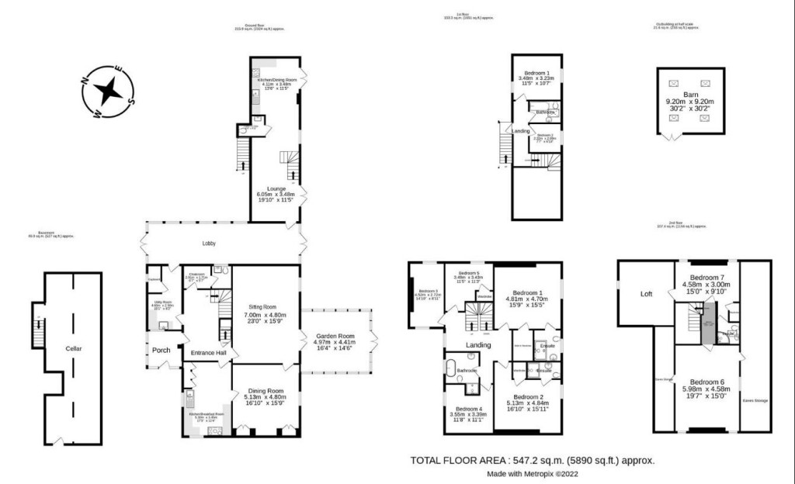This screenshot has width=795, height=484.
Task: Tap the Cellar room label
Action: (x=74, y=349)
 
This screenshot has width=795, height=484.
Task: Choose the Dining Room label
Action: (x=265, y=391)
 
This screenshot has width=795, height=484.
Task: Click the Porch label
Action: (x=161, y=351)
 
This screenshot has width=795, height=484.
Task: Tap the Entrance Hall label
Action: (x=208, y=354)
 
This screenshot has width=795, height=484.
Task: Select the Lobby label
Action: (x=209, y=244)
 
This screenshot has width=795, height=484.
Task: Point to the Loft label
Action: (x=646, y=294)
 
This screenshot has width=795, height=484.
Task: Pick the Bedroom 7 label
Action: (x=707, y=277)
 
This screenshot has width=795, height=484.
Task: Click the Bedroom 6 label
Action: (x=707, y=382)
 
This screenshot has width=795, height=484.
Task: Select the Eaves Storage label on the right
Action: (x=755, y=400)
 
